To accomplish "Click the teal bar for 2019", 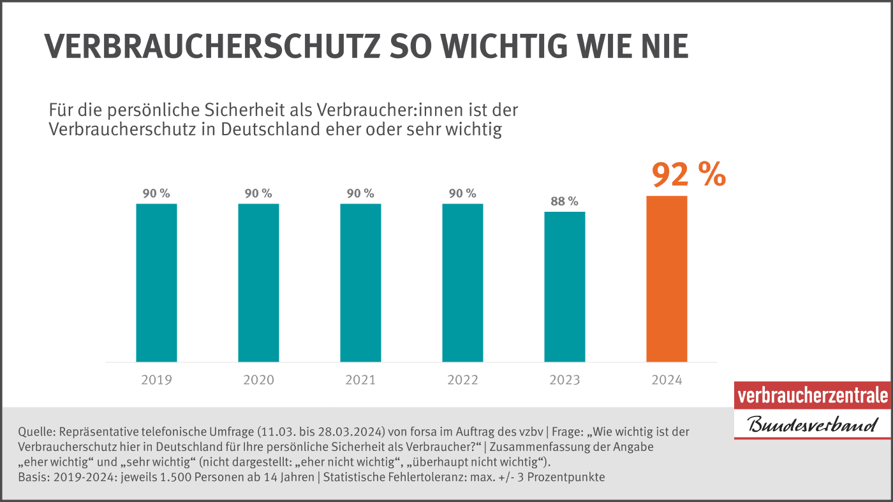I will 156,283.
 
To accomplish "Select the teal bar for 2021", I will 360,283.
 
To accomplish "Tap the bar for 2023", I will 565,286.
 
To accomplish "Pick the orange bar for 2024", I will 667,279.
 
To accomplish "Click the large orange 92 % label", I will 688,175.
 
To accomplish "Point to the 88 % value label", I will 565,202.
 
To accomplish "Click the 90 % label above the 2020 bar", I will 258,194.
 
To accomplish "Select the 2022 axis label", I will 462,380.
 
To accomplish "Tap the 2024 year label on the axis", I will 667,380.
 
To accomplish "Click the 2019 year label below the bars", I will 156,380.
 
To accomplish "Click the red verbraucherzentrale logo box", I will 812,396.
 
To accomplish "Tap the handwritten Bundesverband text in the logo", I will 812,425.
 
